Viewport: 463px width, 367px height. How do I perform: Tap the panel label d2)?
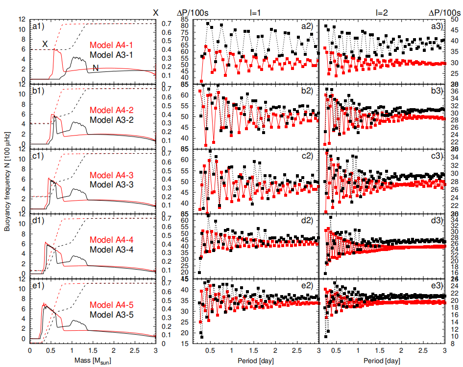[307, 221]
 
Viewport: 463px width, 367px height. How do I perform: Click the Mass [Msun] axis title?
[93, 359]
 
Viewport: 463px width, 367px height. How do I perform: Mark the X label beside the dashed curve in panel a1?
[45, 44]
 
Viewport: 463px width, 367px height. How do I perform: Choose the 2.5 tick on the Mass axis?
[134, 350]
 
